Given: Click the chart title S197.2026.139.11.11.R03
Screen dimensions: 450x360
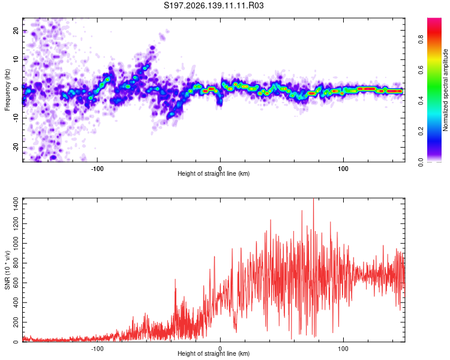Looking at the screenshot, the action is click(214, 5).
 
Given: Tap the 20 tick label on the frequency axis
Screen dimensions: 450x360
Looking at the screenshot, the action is click(16, 31).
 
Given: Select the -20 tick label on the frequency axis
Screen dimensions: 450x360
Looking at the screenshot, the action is click(16, 148).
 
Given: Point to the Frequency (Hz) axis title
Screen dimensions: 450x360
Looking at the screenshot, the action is click(7, 90).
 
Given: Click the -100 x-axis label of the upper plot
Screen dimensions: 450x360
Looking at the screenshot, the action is click(97, 169).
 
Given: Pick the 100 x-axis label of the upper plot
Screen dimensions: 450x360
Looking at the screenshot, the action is click(343, 169).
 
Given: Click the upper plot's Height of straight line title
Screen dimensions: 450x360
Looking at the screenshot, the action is click(214, 173).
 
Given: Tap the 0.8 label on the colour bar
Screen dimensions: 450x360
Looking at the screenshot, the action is click(421, 40).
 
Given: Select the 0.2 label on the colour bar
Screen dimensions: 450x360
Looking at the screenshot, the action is click(421, 131).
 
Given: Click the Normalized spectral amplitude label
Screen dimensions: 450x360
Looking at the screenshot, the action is click(445, 90).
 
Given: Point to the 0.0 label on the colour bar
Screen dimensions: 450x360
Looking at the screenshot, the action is click(421, 162).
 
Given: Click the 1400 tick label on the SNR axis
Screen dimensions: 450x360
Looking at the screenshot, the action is click(16, 204).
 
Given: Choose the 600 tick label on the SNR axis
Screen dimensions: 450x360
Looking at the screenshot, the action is click(16, 283).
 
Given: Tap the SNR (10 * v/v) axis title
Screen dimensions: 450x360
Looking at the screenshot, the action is click(7, 270).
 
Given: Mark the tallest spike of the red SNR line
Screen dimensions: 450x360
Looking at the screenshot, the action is click(313, 199).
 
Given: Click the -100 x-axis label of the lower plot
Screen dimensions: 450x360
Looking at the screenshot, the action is click(97, 349).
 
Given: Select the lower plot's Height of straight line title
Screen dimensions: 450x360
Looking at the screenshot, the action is click(214, 353).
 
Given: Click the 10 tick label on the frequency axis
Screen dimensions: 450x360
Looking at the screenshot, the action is click(16, 60).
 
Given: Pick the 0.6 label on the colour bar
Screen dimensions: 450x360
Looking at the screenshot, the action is click(421, 70).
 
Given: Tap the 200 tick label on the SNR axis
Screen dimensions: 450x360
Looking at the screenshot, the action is click(16, 322).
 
